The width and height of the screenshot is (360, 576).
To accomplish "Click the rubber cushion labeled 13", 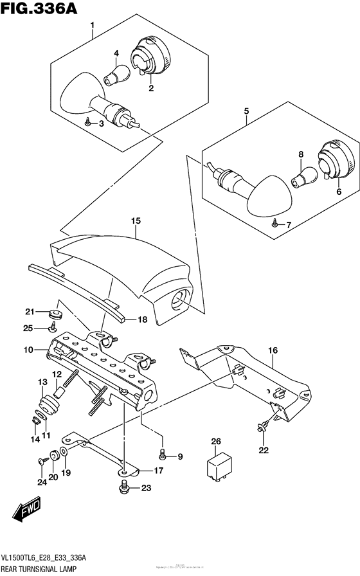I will (x=47, y=406).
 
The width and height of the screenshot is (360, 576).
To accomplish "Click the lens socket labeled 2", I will (x=148, y=59).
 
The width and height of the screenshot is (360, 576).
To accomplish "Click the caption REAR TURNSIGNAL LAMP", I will (x=40, y=569).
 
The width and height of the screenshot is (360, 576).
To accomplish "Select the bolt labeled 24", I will (x=42, y=460).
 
